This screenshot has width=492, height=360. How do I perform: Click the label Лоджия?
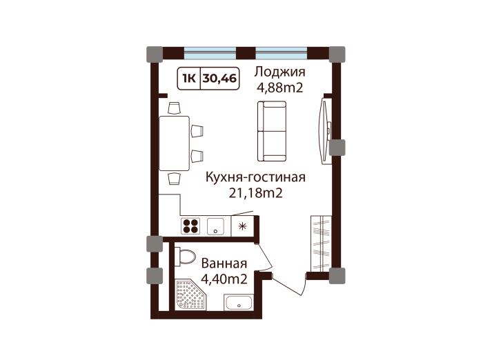pos(279,72)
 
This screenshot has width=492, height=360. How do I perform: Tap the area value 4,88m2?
pos(280,88)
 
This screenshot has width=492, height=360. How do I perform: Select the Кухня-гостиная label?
pos(255,177)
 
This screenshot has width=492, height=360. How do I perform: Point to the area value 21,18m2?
pos(255,194)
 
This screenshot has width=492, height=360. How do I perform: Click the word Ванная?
pos(224,263)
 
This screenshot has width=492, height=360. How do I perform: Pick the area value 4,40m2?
pos(224,279)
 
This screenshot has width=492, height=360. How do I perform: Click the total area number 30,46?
pos(219,79)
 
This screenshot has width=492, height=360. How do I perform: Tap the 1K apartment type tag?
pos(189,79)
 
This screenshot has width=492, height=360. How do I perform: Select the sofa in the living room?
pos(272,131)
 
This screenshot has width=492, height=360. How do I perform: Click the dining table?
pos(174,143)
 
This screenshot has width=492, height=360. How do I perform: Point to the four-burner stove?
pos(190,226)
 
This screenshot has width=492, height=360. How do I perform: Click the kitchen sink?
pos(215,227)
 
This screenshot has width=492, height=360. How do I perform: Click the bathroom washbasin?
pos(239,302)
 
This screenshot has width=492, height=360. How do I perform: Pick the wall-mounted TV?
pos(325,131)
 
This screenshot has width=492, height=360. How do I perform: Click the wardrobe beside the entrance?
pos(321,243)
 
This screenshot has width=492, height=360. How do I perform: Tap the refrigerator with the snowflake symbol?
pos(242,226)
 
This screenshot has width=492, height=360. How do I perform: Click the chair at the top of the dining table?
pos(174,108)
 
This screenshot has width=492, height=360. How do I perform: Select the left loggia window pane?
pos(210,53)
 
